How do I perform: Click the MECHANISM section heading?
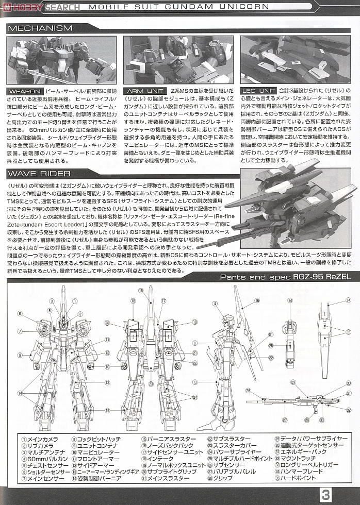[x=40, y=28]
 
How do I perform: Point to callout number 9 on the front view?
[x=19, y=355]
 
